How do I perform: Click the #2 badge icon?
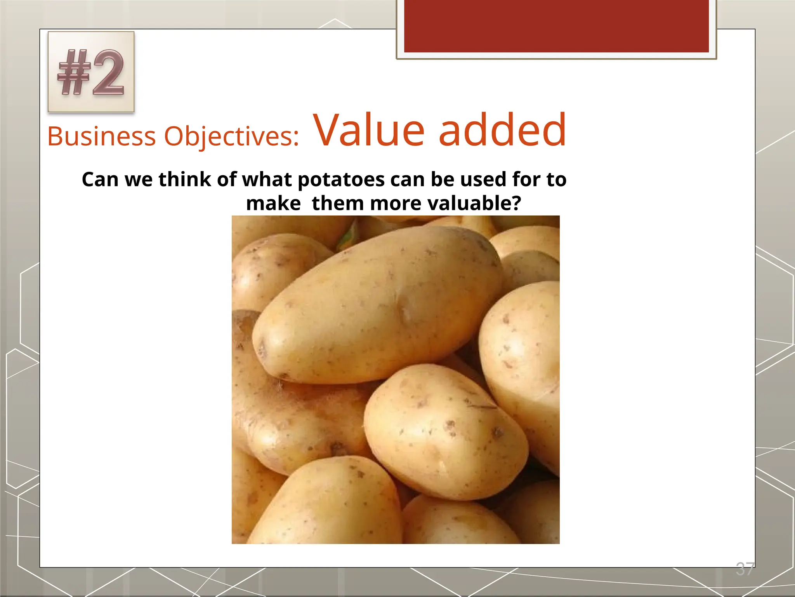91,72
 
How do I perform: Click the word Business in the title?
101,136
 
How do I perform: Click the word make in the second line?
273,203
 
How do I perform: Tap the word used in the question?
483,180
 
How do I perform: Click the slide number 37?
745,569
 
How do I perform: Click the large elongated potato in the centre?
377,307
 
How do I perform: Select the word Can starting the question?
100,180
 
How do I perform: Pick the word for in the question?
526,180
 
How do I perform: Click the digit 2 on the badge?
108,73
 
